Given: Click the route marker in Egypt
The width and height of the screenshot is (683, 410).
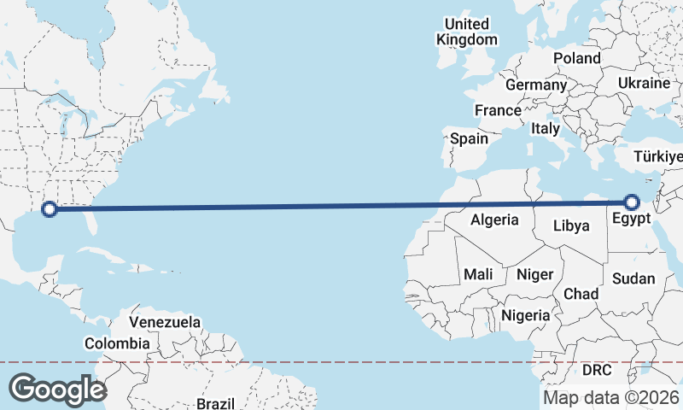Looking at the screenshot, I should pos(632,202).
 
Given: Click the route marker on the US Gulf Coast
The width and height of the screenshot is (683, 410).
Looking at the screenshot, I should pos(50,208).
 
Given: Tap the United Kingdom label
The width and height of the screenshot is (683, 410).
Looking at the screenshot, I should pos(466,32).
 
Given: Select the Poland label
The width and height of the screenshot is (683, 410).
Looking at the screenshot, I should pos(577,58).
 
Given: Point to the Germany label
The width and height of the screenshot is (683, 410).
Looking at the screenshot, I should pos(535,85).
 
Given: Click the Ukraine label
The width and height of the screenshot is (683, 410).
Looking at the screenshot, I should pos(645,83).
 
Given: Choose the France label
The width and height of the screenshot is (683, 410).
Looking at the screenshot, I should pos(498,110).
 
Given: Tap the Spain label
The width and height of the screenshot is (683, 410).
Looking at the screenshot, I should pos(469,138).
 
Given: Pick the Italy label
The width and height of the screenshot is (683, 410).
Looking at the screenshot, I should pos(546,128).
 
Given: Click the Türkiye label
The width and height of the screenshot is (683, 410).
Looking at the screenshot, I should pos(658,156).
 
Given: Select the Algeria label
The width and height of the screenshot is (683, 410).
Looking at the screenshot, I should pos(494,220).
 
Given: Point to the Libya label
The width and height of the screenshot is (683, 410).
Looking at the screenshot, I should pos(571,226).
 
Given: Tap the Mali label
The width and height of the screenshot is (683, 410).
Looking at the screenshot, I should pos(477,274).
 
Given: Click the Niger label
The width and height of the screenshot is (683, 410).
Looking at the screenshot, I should pos(535,274).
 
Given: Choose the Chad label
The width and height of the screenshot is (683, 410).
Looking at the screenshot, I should pos(581,293).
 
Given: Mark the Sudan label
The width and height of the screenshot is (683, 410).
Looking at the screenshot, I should pos(633,278).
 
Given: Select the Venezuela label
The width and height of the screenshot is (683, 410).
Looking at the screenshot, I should pos(165,323).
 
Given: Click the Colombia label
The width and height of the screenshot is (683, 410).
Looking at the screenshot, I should pos(117,343).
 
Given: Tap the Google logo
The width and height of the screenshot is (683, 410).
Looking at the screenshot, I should pos(57,389).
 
